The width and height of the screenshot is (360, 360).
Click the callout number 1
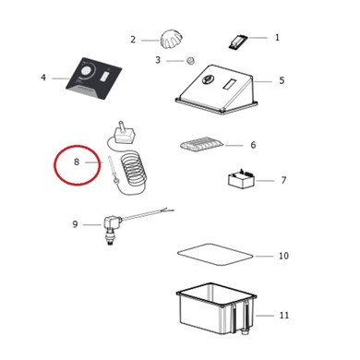[x=277, y=38]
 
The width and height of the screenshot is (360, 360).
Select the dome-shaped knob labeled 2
[x=171, y=40]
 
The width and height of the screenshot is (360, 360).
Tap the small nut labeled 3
[x=191, y=60]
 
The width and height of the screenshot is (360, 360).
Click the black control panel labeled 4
[x=94, y=78]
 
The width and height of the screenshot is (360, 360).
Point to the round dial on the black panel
[x=87, y=72]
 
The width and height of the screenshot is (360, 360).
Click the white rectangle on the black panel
[x=104, y=77]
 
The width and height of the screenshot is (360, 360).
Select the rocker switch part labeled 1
[x=237, y=42]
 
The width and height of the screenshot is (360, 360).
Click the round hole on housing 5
[x=207, y=79]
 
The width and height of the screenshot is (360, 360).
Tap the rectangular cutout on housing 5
[x=230, y=84]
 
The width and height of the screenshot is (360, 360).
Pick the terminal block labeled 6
[x=202, y=145]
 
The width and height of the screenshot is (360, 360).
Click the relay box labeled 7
[x=241, y=179]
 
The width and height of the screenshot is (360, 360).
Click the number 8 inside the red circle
[x=77, y=162]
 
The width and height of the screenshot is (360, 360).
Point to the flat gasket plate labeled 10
[x=215, y=255]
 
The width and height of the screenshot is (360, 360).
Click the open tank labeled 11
[x=216, y=308]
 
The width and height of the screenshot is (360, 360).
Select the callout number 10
[x=283, y=256]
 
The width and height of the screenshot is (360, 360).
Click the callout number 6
[x=253, y=145]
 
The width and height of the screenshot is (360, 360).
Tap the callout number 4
[x=43, y=78]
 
